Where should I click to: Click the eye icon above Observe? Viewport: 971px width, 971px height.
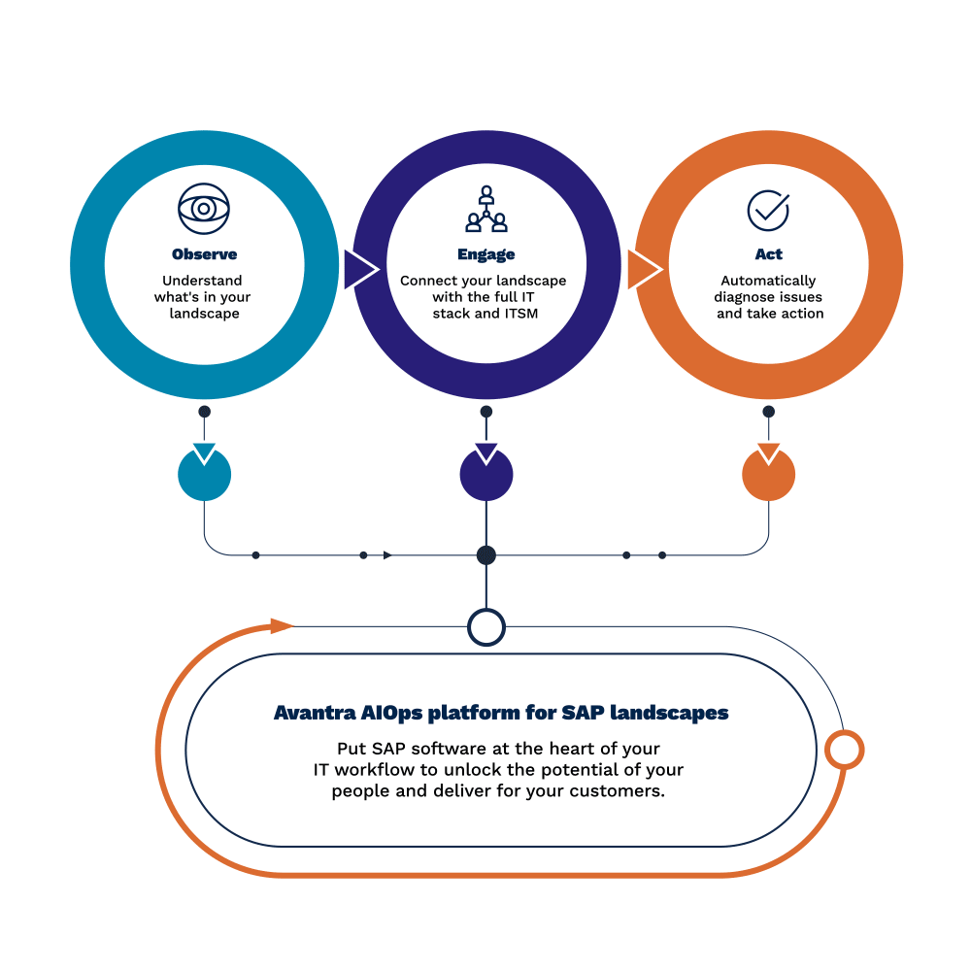(204, 209)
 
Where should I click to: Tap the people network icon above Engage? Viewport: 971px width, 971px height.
(485, 209)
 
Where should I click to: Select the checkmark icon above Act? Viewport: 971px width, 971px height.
(768, 209)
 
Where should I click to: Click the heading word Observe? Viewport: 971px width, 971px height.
(204, 254)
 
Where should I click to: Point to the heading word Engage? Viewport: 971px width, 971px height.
(485, 254)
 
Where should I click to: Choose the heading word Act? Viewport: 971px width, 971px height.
(768, 254)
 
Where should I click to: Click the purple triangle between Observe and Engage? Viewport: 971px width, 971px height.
(358, 269)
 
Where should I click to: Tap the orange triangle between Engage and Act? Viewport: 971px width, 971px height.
(642, 269)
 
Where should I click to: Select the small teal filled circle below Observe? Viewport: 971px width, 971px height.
(204, 475)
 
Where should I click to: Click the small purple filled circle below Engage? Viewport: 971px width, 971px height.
(485, 475)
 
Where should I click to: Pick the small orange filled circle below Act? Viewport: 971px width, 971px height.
(768, 475)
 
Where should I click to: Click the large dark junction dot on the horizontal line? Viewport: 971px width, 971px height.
(486, 555)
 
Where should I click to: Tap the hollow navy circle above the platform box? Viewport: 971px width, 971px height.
(486, 627)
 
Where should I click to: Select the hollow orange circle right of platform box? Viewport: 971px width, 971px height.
(844, 750)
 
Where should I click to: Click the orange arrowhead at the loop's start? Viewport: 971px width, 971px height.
(282, 625)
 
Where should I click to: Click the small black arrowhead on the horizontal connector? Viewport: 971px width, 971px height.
(387, 555)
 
